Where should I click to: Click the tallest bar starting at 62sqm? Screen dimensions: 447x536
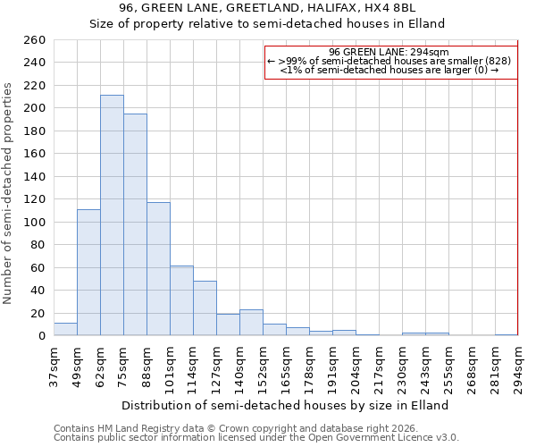[112, 215]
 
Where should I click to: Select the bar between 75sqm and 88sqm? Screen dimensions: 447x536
[135, 224]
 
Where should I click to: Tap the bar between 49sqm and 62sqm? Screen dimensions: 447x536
[88, 273]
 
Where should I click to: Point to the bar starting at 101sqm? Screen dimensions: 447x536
[181, 300]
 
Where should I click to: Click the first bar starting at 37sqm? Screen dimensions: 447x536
[65, 329]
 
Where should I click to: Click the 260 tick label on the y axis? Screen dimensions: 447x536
[35, 40]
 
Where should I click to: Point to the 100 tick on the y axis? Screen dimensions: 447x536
[35, 223]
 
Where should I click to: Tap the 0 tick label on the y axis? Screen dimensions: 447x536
[41, 336]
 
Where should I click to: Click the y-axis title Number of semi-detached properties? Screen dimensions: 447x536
[9, 192]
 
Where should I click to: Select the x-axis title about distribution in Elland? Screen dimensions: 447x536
[285, 405]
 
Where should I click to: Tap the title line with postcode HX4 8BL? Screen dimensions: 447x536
[268, 9]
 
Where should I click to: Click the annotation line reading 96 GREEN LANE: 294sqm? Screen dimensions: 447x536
[389, 53]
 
